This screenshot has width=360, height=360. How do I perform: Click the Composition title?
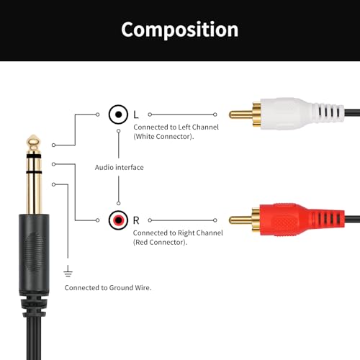[180, 30]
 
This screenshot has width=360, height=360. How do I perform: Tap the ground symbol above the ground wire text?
[68, 271]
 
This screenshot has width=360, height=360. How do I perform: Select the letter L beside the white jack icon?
[136, 114]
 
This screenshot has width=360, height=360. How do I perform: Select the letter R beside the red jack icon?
[136, 220]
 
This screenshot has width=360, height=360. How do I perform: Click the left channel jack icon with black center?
[118, 114]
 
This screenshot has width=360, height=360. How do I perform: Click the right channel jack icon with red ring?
[118, 220]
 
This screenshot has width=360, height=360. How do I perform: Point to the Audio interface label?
[120, 167]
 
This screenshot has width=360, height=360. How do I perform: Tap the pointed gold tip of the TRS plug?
[34, 135]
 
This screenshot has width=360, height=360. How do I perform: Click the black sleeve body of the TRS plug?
[34, 255]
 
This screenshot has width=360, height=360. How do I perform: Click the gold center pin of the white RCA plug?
[240, 114]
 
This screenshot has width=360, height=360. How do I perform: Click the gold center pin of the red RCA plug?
[240, 220]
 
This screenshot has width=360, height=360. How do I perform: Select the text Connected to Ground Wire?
[108, 287]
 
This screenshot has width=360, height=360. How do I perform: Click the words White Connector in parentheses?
[163, 137]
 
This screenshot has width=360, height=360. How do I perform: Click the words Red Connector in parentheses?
[160, 243]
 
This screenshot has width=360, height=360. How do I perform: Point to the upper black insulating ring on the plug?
[34, 156]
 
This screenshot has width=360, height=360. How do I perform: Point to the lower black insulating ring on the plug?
[34, 172]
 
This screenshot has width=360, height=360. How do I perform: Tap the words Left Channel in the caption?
[198, 127]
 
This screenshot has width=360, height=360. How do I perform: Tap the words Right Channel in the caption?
[200, 233]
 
